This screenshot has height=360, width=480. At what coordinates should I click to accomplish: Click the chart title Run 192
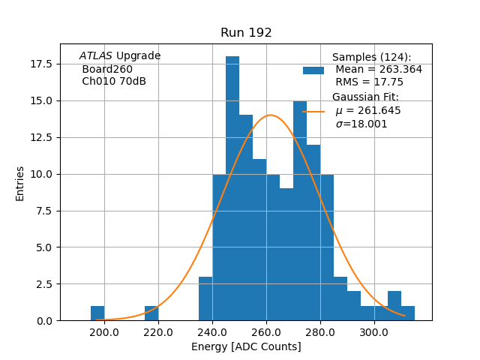246,33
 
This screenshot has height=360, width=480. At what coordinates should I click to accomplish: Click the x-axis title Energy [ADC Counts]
246,346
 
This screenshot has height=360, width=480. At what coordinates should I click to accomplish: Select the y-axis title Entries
20,183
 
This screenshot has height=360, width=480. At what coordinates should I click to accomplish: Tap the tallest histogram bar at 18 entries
232,187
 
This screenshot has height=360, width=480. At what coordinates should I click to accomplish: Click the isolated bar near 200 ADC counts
97,313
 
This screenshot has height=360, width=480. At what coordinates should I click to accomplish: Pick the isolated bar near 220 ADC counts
151,313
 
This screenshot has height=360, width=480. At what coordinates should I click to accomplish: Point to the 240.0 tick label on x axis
212,332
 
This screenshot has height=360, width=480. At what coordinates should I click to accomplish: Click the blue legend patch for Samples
313,70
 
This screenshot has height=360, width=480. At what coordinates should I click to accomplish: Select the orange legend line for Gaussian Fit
313,111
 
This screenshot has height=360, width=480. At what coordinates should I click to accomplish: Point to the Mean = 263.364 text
379,70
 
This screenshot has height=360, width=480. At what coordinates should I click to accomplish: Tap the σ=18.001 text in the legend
361,124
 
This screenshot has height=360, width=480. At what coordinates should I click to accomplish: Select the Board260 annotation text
107,69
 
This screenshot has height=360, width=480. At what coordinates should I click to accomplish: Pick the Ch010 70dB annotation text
114,81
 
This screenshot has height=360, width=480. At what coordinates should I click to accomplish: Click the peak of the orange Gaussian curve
270,115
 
